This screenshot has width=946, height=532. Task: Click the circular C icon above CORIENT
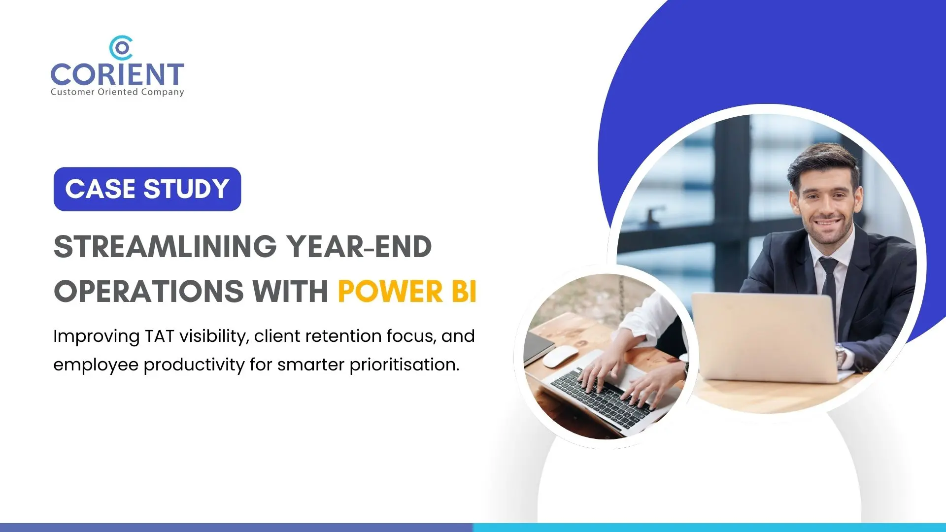[x=121, y=48]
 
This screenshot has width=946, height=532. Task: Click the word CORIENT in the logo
[x=117, y=74]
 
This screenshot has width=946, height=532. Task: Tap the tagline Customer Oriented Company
[x=117, y=92]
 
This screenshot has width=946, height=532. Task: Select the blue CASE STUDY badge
[x=147, y=189]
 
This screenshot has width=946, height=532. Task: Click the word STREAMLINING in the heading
[x=165, y=246]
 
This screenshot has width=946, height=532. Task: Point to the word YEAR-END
[x=359, y=246]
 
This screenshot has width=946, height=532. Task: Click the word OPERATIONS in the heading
[x=149, y=291]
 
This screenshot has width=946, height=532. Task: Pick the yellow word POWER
[x=390, y=291]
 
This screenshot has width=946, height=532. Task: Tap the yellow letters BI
[x=464, y=291]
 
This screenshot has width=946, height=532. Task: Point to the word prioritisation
[x=404, y=365]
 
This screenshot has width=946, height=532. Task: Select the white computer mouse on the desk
[x=560, y=356]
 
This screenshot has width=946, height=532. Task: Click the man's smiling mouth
[x=827, y=223]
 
